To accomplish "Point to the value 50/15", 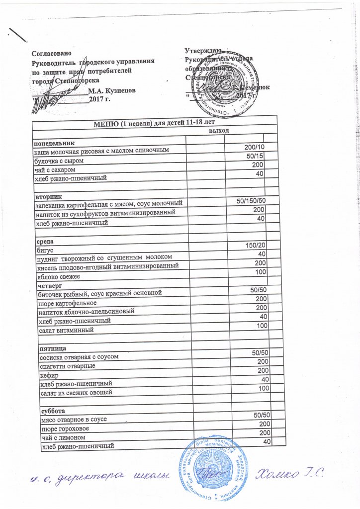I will (257, 156).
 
